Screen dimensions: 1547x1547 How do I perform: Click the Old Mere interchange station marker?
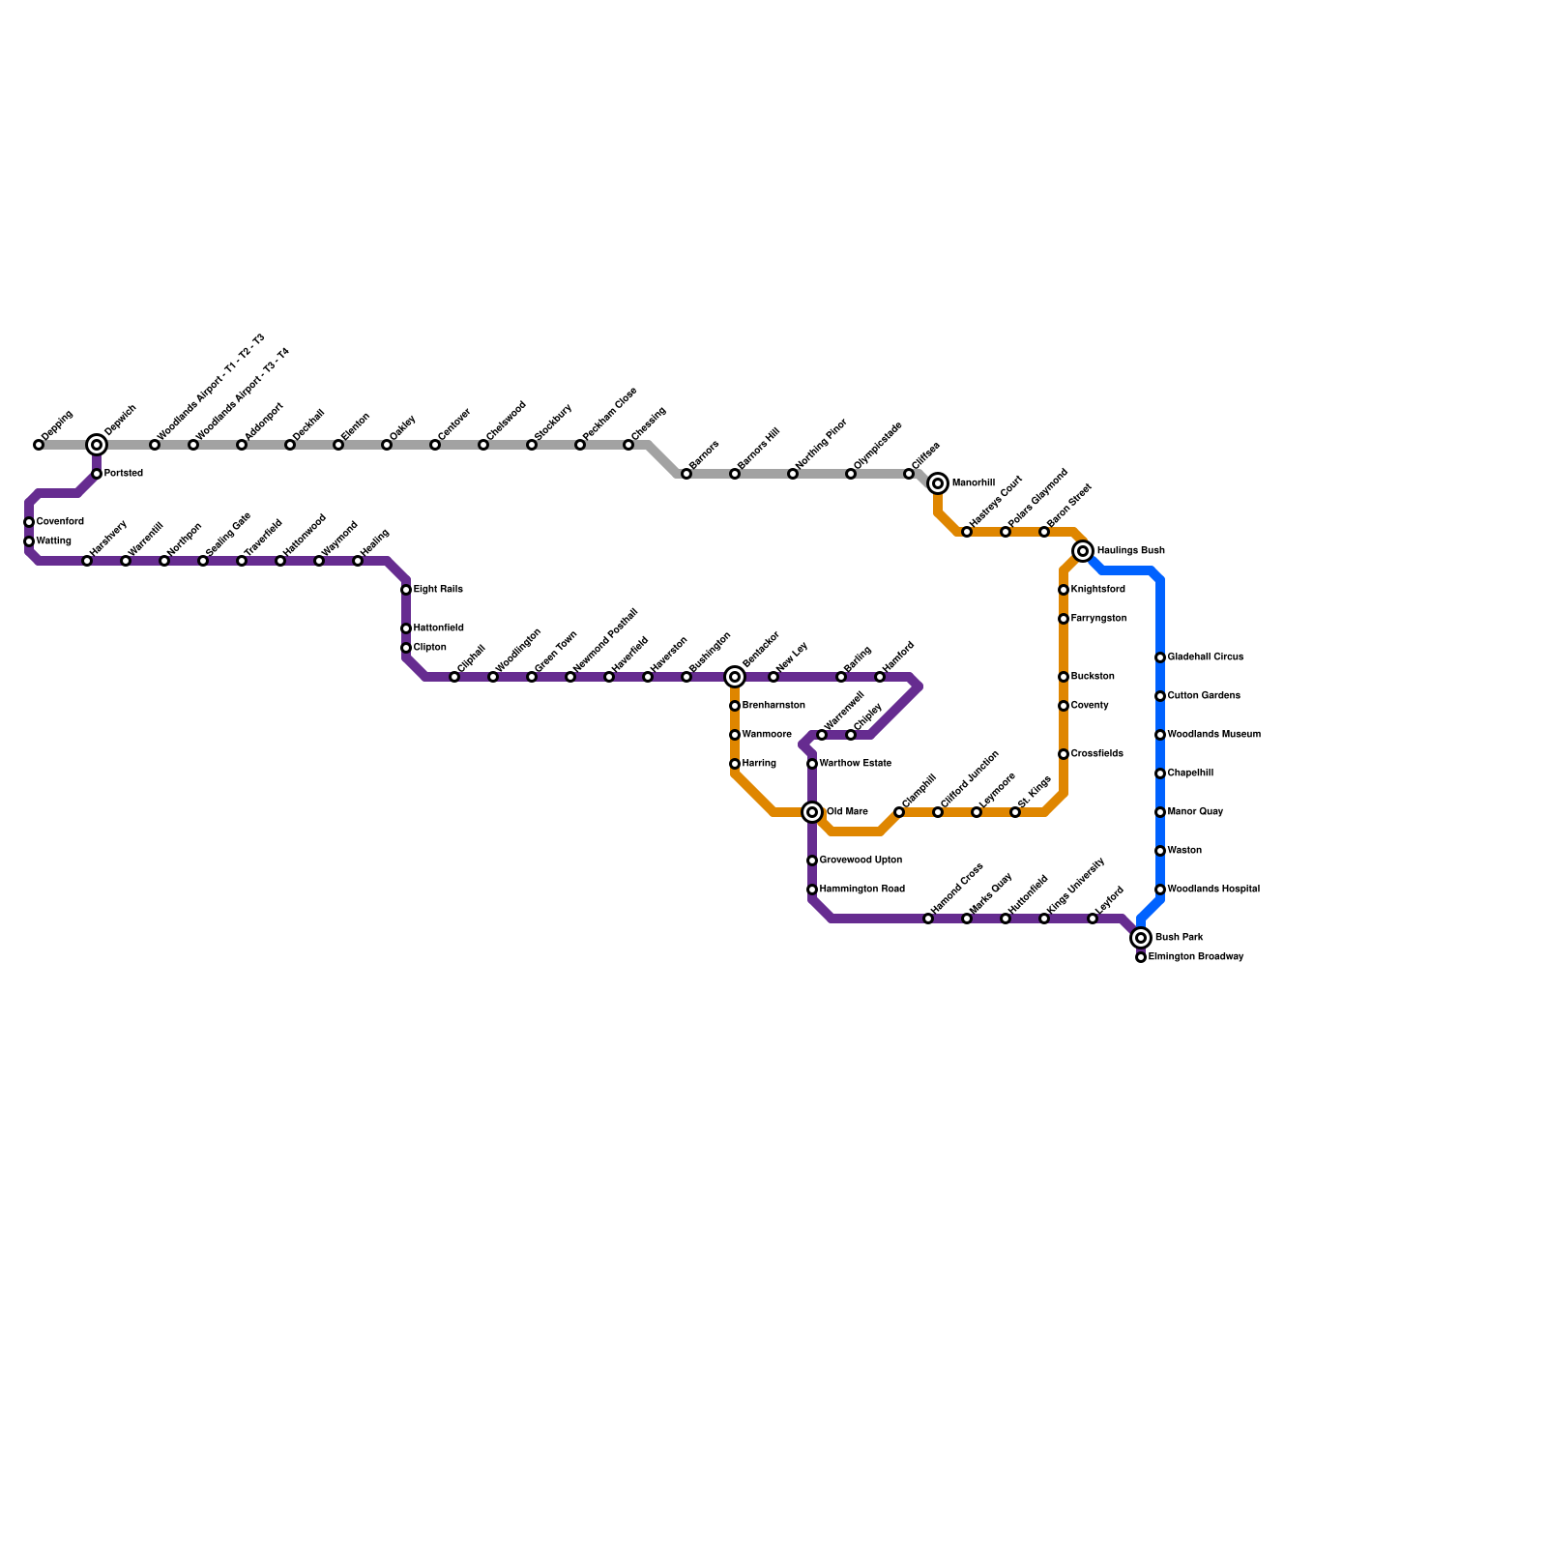(x=812, y=812)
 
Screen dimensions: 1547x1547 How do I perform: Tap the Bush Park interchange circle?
(x=1141, y=938)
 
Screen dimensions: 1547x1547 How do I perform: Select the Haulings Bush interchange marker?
(x=1083, y=551)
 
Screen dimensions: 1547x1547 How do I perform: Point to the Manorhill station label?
(x=973, y=483)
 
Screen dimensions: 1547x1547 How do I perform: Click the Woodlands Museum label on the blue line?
(x=1213, y=735)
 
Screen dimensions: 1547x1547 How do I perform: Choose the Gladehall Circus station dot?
(x=1160, y=657)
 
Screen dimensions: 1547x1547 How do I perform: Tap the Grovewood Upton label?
(x=861, y=861)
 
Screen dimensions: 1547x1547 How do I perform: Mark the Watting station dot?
(x=29, y=541)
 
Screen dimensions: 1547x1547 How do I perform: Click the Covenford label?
(x=60, y=522)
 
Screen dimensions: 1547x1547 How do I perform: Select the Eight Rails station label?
(x=438, y=590)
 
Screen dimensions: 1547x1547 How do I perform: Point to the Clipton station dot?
(x=406, y=648)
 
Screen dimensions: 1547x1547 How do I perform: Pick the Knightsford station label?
(x=1097, y=590)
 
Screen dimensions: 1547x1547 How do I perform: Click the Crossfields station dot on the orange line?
(x=1064, y=754)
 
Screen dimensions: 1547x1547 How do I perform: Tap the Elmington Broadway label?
(x=1196, y=957)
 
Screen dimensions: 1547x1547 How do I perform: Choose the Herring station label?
(x=759, y=764)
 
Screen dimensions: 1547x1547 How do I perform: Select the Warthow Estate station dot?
(x=812, y=764)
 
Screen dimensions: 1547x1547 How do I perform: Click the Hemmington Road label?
(x=861, y=890)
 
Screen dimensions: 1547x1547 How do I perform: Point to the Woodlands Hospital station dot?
(x=1160, y=890)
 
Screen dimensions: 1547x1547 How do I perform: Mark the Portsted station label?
(x=124, y=474)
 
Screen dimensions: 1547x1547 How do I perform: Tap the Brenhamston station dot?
(x=735, y=706)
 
